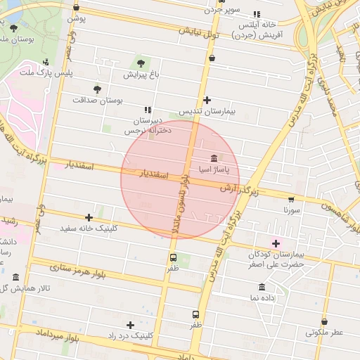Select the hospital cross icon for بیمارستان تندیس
pyautogui.click(x=206, y=101)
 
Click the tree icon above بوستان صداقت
pyautogui.click(x=97, y=89)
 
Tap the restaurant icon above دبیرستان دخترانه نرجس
pyautogui.click(x=147, y=110)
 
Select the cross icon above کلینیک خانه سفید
pyautogui.click(x=89, y=217)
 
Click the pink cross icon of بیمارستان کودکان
pyautogui.click(x=276, y=243)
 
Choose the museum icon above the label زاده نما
pyautogui.click(x=262, y=287)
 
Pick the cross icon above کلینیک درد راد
pyautogui.click(x=130, y=324)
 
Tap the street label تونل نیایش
pyautogui.click(x=199, y=33)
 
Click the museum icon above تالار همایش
pyautogui.click(x=16, y=277)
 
